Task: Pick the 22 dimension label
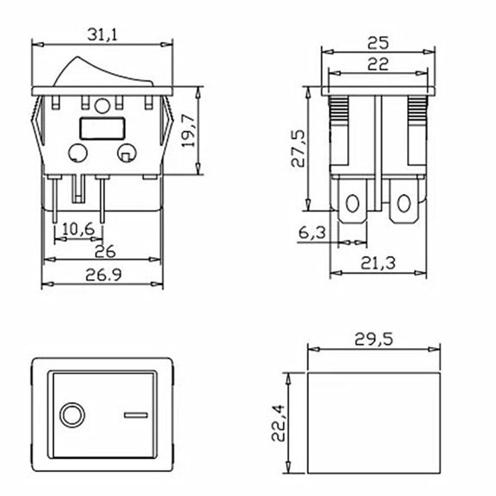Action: [378, 64]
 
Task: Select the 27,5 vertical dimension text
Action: [298, 149]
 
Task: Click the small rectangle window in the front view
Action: [101, 128]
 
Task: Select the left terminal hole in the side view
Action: [352, 203]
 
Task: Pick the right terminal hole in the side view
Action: [404, 203]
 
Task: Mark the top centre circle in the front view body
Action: [102, 106]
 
